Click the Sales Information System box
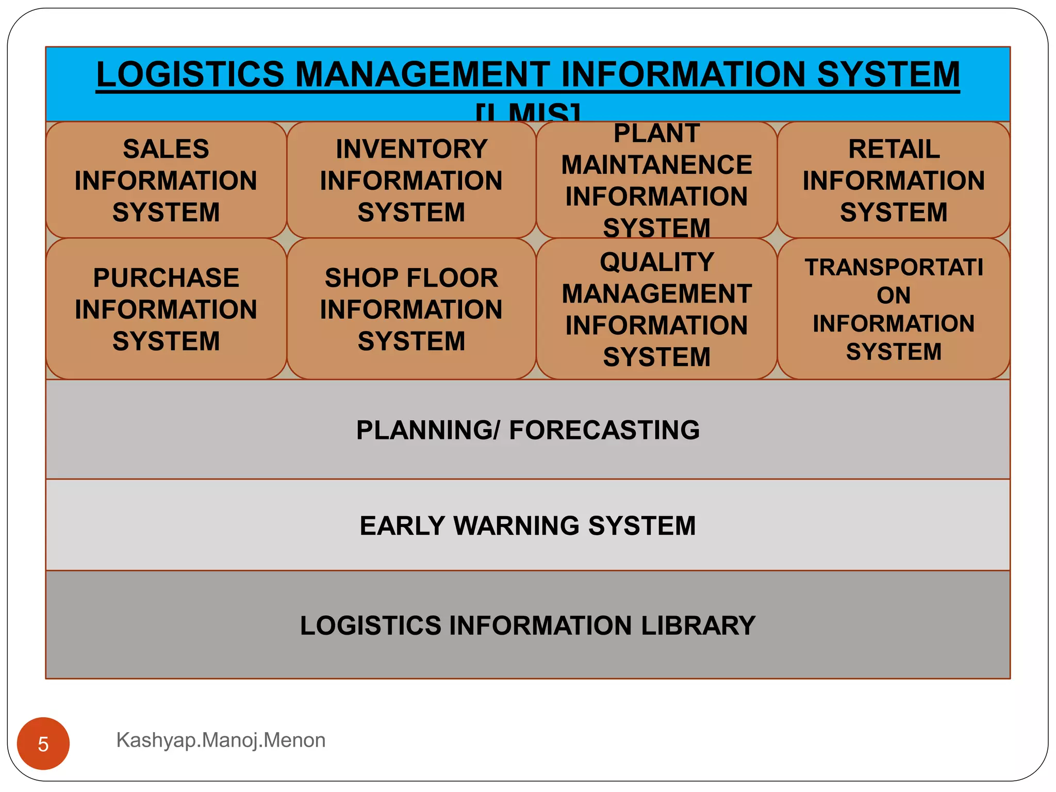[166, 180]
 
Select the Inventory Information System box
[411, 180]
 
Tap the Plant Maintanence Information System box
[656, 180]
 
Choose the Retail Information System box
[894, 180]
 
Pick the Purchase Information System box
[166, 309]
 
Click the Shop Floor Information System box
[411, 309]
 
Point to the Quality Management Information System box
[656, 309]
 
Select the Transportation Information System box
[894, 309]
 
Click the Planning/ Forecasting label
[527, 430]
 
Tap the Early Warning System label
[527, 525]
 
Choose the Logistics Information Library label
[527, 625]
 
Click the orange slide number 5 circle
[43, 744]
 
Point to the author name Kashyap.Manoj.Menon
[221, 740]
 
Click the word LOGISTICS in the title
[190, 74]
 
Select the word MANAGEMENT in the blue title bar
[422, 74]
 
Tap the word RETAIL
[894, 149]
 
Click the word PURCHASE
[166, 278]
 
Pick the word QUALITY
[656, 262]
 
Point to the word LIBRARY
[698, 625]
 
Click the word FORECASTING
[604, 430]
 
